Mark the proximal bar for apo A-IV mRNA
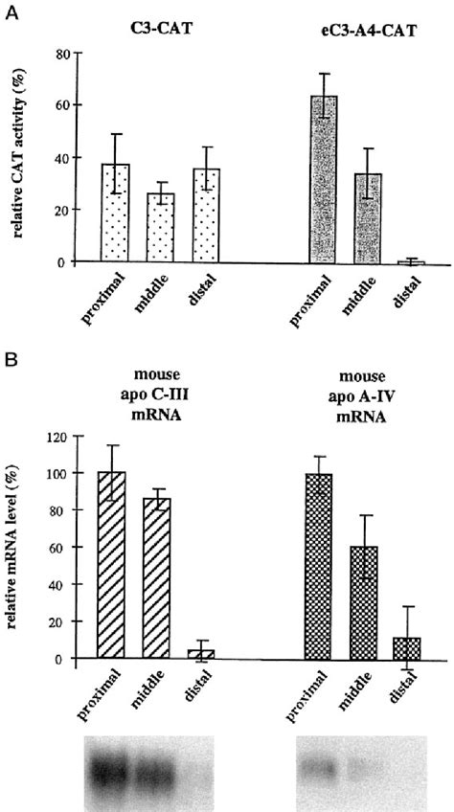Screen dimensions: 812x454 [318, 565]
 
